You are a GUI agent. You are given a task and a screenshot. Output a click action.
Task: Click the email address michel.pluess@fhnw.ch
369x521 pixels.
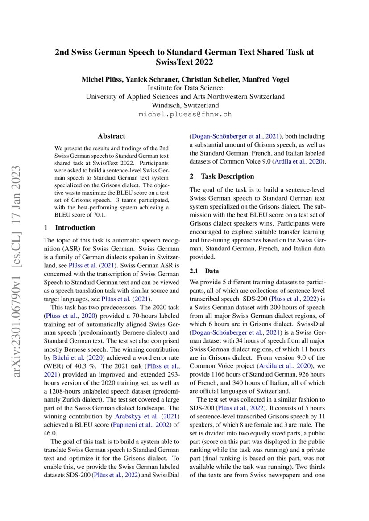click(x=185, y=115)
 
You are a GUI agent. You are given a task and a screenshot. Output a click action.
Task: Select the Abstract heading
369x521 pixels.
click(x=112, y=136)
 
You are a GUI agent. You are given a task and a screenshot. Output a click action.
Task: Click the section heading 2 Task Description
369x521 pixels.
click(x=222, y=176)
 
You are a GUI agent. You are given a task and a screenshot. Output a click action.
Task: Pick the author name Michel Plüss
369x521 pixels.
click(x=100, y=79)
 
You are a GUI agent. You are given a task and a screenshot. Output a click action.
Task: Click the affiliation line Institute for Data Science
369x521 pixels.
click(x=185, y=88)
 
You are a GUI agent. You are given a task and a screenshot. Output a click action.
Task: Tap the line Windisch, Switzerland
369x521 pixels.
click(x=185, y=106)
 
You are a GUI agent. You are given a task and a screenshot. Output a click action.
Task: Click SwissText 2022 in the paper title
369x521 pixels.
click(x=184, y=62)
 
